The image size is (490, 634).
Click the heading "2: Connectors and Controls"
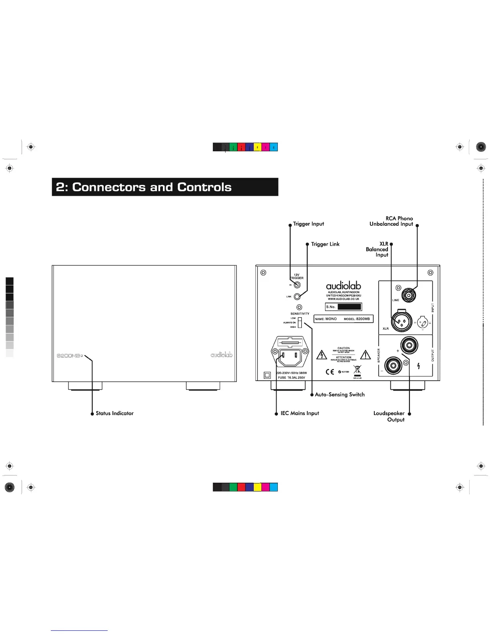pyautogui.click(x=144, y=187)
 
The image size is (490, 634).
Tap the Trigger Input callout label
pyautogui.click(x=308, y=224)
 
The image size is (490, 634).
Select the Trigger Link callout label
pyautogui.click(x=325, y=244)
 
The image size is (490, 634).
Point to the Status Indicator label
pyautogui.click(x=114, y=413)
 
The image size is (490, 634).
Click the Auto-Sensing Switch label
pyautogui.click(x=339, y=395)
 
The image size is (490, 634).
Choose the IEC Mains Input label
pyautogui.click(x=300, y=413)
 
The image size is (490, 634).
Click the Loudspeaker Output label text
pyautogui.click(x=390, y=416)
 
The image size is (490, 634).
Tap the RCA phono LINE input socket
pyautogui.click(x=409, y=296)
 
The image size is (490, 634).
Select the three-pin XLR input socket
pyautogui.click(x=402, y=321)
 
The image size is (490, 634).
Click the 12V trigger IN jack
pyautogui.click(x=297, y=285)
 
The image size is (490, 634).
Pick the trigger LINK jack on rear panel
pyautogui.click(x=297, y=297)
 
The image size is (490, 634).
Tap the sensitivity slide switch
pyautogui.click(x=299, y=323)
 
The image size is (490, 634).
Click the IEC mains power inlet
pyautogui.click(x=290, y=355)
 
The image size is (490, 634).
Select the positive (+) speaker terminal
pyautogui.click(x=409, y=345)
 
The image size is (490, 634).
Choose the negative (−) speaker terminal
pyautogui.click(x=393, y=365)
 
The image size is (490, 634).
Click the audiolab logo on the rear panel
pyautogui.click(x=343, y=285)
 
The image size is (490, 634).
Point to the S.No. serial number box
pyautogui.click(x=343, y=307)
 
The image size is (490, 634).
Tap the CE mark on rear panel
pyautogui.click(x=330, y=372)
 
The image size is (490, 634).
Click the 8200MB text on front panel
pyautogui.click(x=68, y=355)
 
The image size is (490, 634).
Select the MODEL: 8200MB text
pyautogui.click(x=357, y=319)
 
